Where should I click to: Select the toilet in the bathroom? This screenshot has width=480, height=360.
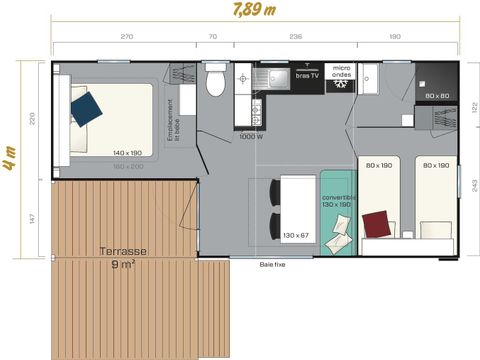pyautogui.click(x=212, y=82)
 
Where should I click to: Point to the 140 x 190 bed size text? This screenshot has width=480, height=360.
pyautogui.click(x=127, y=153)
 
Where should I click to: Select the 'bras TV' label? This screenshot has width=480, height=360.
pyautogui.click(x=306, y=76)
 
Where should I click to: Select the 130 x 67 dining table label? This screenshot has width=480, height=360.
pyautogui.click(x=296, y=235)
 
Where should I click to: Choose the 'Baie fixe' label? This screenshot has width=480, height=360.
pyautogui.click(x=273, y=265)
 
